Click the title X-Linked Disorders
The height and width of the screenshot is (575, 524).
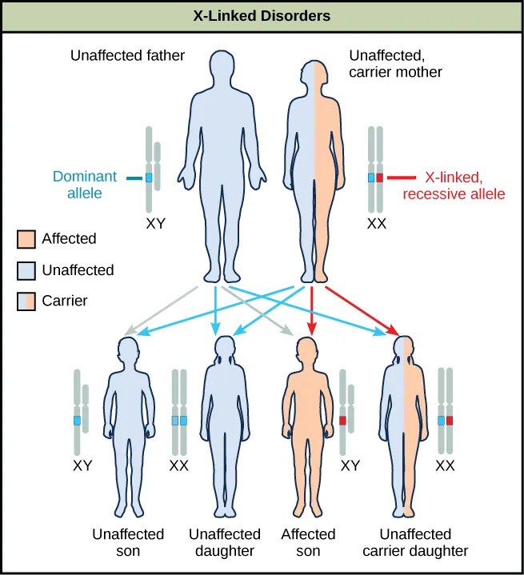pyautogui.click(x=262, y=15)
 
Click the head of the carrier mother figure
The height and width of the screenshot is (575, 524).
pyautogui.click(x=314, y=66)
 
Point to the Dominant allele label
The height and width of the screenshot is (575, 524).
pyautogui.click(x=85, y=185)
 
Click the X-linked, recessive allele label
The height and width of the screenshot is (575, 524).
pyautogui.click(x=465, y=185)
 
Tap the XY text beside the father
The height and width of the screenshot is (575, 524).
pyautogui.click(x=155, y=225)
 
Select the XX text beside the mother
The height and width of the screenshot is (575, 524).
pyautogui.click(x=376, y=225)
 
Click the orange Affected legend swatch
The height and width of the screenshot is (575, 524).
pyautogui.click(x=26, y=238)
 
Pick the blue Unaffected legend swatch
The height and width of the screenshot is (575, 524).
pyautogui.click(x=26, y=270)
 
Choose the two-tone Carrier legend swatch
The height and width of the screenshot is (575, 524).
pyautogui.click(x=26, y=301)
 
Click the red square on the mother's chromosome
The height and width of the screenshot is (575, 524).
pyautogui.click(x=380, y=178)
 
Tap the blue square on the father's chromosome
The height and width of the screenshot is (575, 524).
pyautogui.click(x=149, y=178)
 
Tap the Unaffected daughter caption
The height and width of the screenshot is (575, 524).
pyautogui.click(x=225, y=542)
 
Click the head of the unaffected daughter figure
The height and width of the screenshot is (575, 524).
pyautogui.click(x=225, y=349)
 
